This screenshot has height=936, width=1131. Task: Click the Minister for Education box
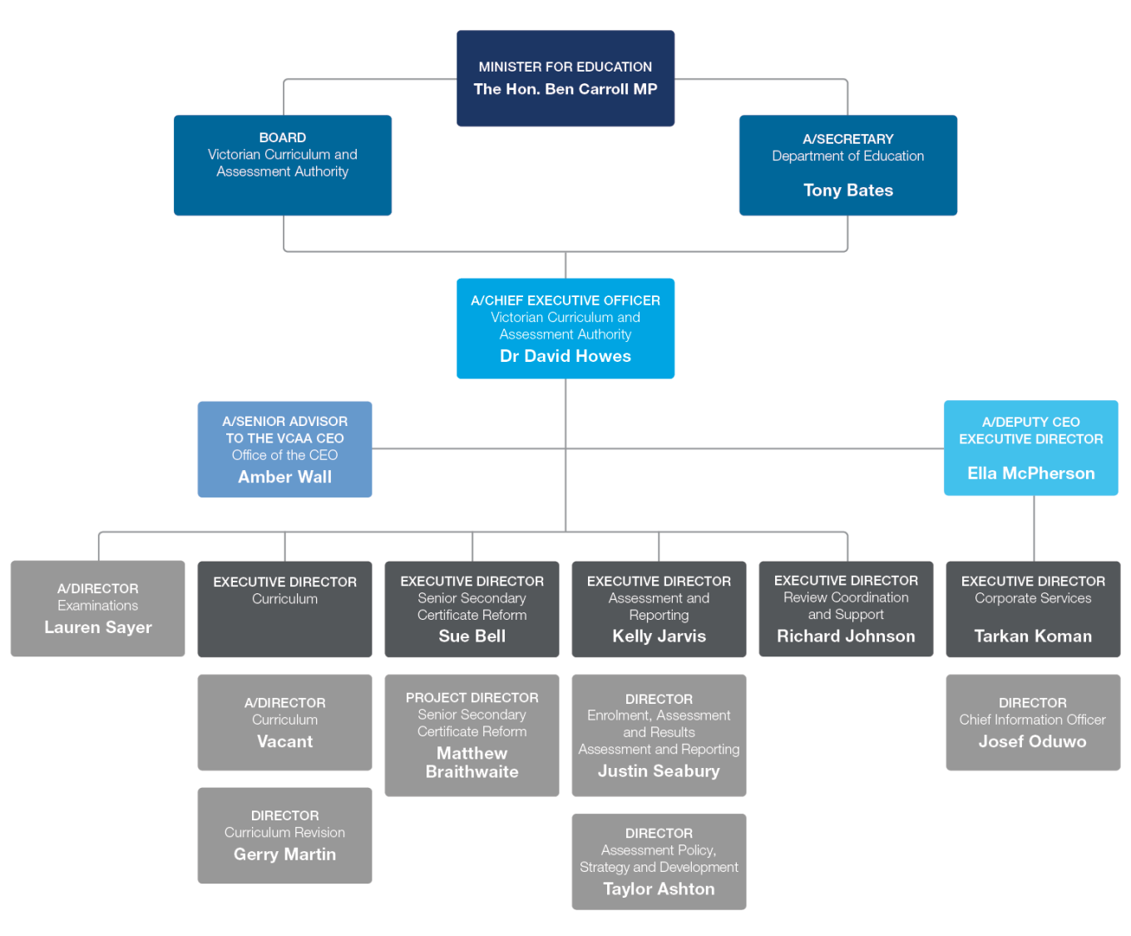[x=565, y=78]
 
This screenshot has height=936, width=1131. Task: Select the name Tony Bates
[x=847, y=191]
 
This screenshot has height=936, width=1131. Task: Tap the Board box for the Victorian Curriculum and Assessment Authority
[x=283, y=165]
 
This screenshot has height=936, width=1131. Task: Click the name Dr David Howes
[x=565, y=356]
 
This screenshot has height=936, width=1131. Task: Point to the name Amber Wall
[x=284, y=477]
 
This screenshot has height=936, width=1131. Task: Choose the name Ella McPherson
[x=1030, y=473]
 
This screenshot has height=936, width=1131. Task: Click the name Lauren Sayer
[x=98, y=627]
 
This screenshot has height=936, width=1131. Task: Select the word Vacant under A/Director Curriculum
[x=284, y=741]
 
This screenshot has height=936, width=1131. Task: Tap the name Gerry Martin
[x=284, y=854]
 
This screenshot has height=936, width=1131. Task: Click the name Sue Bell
[x=472, y=636]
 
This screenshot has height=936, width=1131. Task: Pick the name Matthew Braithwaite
[x=472, y=762]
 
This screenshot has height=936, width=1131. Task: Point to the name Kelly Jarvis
[x=659, y=636]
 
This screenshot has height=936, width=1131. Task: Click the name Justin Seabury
[x=659, y=771]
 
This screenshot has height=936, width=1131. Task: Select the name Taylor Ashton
[x=659, y=889]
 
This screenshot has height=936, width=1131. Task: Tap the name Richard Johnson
[x=846, y=636]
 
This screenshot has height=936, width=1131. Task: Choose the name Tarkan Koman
[x=1033, y=636]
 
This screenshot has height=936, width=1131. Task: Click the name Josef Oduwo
[x=1032, y=741]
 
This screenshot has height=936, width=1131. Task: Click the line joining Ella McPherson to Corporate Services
[x=1034, y=528]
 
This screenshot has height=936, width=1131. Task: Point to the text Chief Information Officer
[x=1032, y=720]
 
